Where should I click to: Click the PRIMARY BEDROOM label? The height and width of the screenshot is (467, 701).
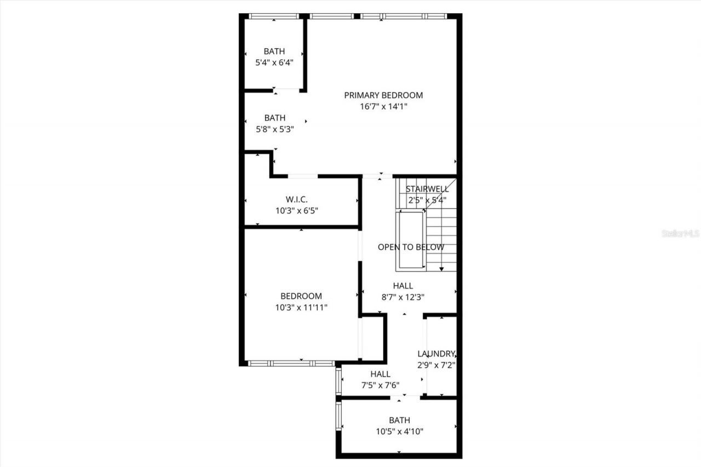coord(383,95)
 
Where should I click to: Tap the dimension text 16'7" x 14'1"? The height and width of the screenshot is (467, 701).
coord(383,107)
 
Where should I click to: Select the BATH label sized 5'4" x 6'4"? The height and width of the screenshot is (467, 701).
coord(274,51)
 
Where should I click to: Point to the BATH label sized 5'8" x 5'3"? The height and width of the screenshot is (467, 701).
coord(275,118)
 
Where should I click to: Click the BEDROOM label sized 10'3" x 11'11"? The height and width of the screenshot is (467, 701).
coord(301,296)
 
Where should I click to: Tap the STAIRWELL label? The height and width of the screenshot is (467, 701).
coord(427,189)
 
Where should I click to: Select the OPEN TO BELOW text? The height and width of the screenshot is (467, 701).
coord(411,247)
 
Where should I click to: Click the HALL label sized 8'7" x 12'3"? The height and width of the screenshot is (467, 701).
coord(403,286)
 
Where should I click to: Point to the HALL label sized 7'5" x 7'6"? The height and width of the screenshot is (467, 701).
coord(380,374)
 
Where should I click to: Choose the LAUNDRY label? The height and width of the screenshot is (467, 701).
coord(436,354)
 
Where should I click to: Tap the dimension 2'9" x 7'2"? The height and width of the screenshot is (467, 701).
coord(436,365)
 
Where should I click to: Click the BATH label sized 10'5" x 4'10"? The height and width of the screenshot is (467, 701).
coord(399,420)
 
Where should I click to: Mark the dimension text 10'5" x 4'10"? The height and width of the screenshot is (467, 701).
coord(399,431)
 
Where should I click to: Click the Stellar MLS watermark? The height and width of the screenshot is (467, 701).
coord(681,233)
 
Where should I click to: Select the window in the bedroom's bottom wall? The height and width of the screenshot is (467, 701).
coord(291,363)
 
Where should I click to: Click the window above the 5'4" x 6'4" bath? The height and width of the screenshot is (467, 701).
coord(273,16)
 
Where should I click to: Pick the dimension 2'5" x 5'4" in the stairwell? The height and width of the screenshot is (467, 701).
coord(427,200)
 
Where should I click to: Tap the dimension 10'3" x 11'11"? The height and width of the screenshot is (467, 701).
coord(301,308)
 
